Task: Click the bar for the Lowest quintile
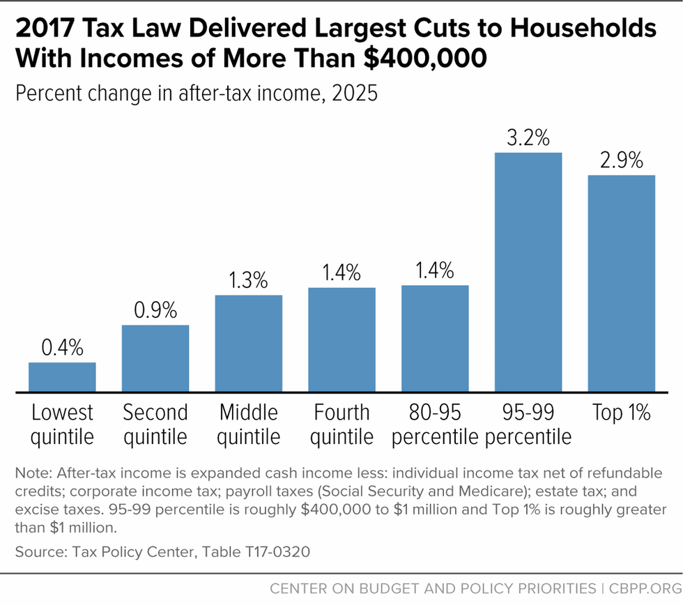coord(62,378)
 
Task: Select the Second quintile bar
coord(155,359)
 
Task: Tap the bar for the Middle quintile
coord(249,344)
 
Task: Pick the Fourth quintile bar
coord(342,340)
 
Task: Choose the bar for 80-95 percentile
coord(436,339)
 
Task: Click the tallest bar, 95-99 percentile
coord(528,273)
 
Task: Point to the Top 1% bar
coord(622,284)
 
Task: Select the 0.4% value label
coord(62,348)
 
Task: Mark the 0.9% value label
coord(155,310)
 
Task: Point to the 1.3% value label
coord(249,280)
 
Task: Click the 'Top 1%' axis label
coord(622,413)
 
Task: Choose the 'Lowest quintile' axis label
coord(62,424)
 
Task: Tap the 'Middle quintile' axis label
coord(249,424)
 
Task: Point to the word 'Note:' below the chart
coord(31,473)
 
